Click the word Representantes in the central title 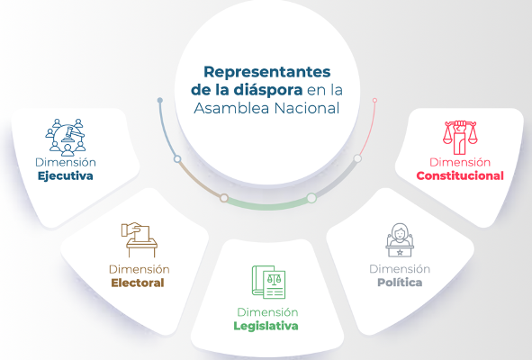tap(266, 71)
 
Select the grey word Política tap(399, 283)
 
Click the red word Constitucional tap(459, 175)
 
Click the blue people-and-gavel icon tap(65, 135)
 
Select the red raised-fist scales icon tap(460, 135)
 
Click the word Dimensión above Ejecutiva tap(65, 162)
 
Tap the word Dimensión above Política tap(399, 268)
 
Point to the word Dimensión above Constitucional tap(459, 162)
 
